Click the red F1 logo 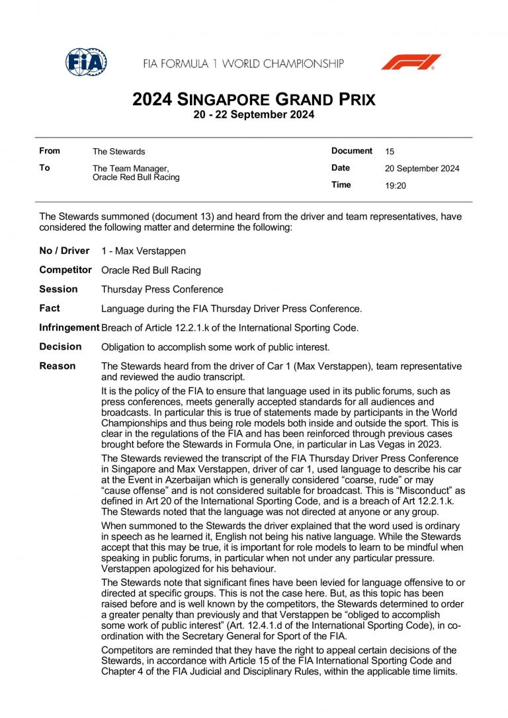point(411,62)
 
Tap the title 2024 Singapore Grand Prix point(254,100)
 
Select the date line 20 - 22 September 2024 point(254,114)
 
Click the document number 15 point(390,151)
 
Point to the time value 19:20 point(396,186)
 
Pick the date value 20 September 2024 point(422,169)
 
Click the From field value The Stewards point(118,151)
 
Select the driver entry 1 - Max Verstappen point(144,251)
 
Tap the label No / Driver point(64,251)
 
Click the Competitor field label point(65,270)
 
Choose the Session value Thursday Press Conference point(162,290)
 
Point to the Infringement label point(69,327)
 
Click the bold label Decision point(60,346)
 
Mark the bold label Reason point(58,366)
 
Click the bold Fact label point(50,308)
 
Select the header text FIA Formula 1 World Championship point(243,63)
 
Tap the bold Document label point(352,151)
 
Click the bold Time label point(341,185)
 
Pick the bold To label point(44,168)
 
